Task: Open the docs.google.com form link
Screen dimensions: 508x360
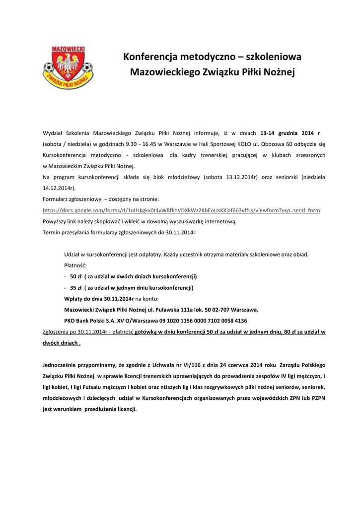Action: (x=181, y=210)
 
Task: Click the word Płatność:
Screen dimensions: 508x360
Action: (x=75, y=265)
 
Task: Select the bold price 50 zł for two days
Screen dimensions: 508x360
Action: (x=76, y=276)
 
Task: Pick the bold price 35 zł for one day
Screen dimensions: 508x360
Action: (x=76, y=287)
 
